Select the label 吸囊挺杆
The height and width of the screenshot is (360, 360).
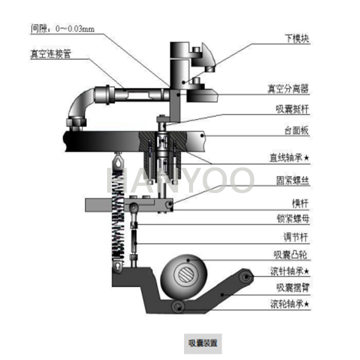292,109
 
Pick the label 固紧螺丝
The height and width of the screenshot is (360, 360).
292,181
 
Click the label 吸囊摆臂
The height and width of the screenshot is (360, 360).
292,287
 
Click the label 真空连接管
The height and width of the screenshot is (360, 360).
51,54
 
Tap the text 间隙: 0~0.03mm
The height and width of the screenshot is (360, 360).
62,29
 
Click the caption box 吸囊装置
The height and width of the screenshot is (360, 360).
203,343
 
